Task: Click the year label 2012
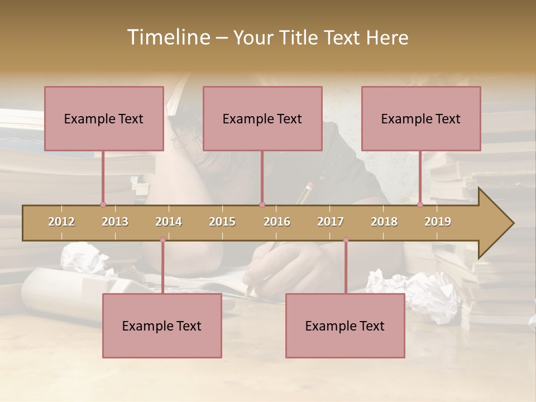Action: (61, 222)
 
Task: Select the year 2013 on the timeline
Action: (115, 222)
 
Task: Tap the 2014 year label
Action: (169, 222)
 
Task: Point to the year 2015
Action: (222, 222)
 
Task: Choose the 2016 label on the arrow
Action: (277, 222)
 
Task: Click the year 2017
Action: (331, 222)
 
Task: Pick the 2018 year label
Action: (384, 222)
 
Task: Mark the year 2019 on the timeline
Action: (438, 222)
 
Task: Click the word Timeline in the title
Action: (167, 37)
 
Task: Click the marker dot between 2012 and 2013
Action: (103, 204)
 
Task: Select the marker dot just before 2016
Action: (262, 204)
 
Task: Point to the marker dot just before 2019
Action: (420, 204)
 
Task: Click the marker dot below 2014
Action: (162, 240)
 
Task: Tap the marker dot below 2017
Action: (346, 240)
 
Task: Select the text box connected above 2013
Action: (104, 118)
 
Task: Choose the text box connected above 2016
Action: (262, 118)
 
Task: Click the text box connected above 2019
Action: (421, 118)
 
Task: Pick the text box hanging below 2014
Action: (162, 326)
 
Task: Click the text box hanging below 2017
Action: (345, 326)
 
